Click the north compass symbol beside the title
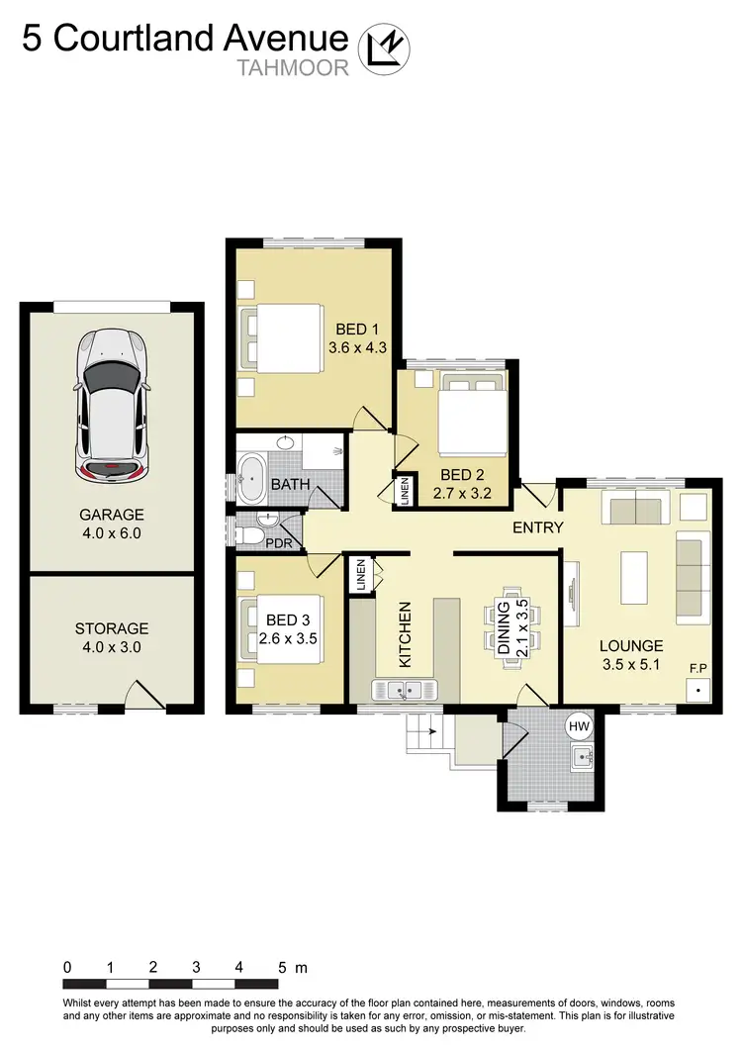[384, 48]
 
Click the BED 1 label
[355, 329]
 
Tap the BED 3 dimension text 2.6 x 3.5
[287, 638]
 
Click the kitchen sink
[406, 689]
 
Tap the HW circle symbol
[579, 726]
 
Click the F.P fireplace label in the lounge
[699, 669]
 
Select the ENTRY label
[537, 527]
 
